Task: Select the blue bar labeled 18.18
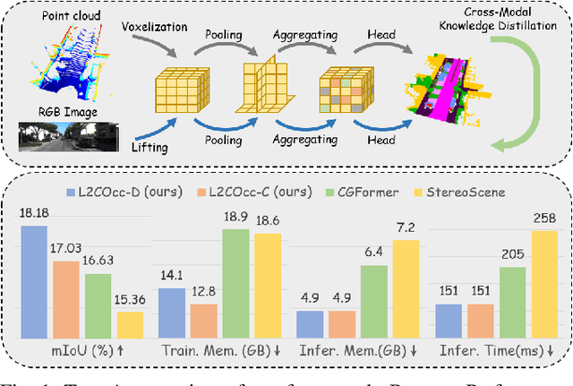click(x=35, y=280)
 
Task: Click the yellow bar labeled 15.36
click(x=130, y=322)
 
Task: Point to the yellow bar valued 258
click(x=544, y=282)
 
